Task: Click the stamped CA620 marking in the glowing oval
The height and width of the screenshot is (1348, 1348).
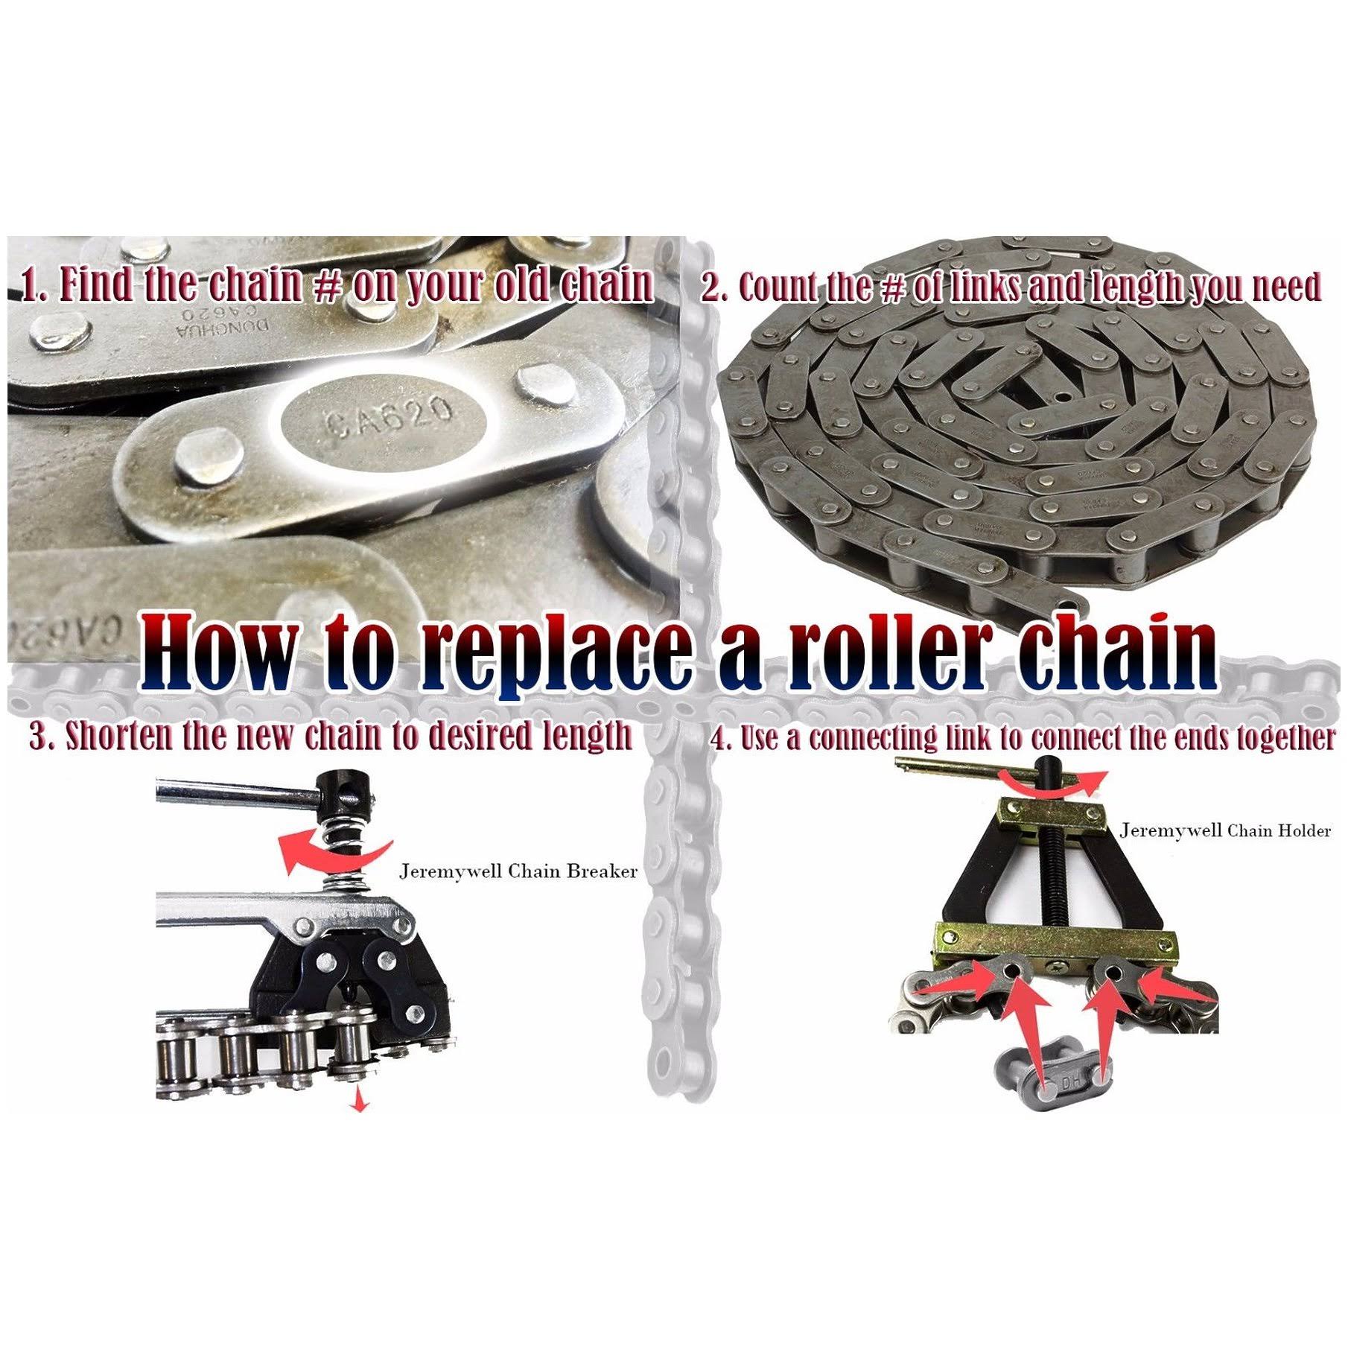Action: (x=389, y=420)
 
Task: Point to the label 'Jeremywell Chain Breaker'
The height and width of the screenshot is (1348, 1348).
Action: (x=518, y=871)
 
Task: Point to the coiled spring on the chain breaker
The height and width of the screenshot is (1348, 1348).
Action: (x=345, y=856)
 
